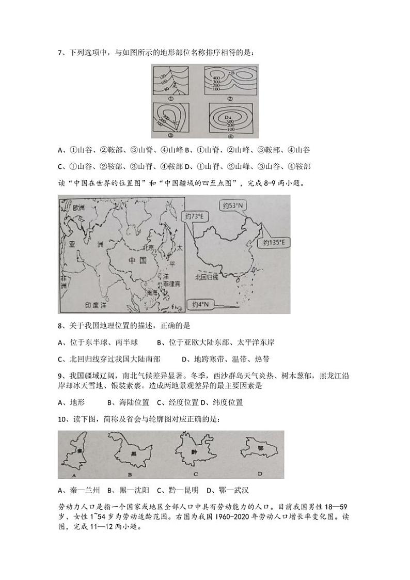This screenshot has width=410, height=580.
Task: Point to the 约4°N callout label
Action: (x=200, y=304)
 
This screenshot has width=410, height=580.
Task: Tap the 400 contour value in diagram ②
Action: (x=217, y=77)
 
